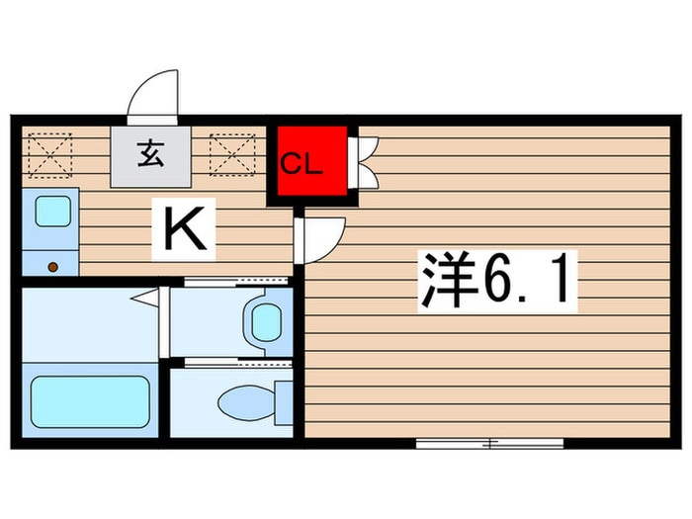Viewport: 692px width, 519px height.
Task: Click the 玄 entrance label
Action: [x=151, y=155]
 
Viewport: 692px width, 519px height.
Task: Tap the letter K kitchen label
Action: [x=184, y=229]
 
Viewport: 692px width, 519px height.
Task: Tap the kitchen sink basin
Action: [x=51, y=211]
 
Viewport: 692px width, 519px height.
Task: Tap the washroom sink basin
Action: [x=265, y=320]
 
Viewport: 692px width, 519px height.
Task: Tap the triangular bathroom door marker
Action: [x=146, y=296]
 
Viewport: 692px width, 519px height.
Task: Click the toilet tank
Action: [x=284, y=402]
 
